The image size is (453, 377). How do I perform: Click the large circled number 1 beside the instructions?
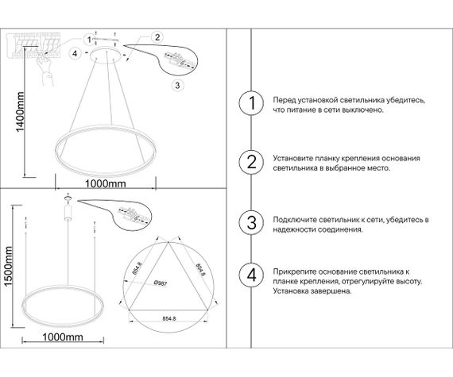coord(252,104)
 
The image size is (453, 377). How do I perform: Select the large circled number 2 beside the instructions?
coord(252,163)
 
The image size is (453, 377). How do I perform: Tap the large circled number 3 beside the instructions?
coord(252,221)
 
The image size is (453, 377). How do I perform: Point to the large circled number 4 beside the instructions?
coord(252,276)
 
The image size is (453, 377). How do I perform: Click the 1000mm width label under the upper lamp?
coord(106,184)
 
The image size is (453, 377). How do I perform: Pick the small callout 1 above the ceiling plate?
coord(89,38)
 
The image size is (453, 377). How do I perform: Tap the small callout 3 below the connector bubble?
coord(177,85)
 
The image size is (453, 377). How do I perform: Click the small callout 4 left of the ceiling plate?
coord(75,53)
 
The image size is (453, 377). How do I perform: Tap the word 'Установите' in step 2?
coord(292,159)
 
